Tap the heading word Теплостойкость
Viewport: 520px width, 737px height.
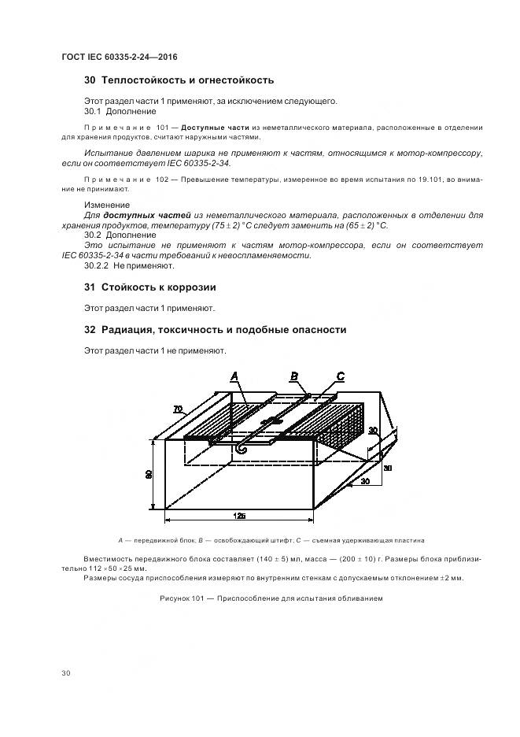click(x=143, y=80)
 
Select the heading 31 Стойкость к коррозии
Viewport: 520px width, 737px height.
click(x=150, y=287)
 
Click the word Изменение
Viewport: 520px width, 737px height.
click(x=106, y=205)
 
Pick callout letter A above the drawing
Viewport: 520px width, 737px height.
click(x=234, y=378)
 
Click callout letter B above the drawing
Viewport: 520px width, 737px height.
click(x=293, y=377)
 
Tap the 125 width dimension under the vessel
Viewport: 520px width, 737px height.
click(x=239, y=516)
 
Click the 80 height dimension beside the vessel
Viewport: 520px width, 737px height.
click(x=149, y=474)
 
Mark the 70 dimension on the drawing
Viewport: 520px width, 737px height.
click(x=178, y=409)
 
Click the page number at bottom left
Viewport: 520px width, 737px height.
click(x=65, y=673)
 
